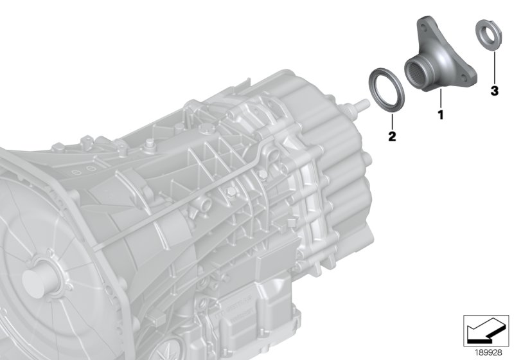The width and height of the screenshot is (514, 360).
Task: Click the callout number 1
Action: pos(441,115)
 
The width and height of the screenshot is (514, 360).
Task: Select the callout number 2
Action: pos(392,136)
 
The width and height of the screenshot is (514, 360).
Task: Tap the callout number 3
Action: pos(494,91)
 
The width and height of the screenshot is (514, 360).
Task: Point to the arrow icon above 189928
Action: pos(486,331)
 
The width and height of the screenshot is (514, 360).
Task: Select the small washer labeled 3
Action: pos(488,35)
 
